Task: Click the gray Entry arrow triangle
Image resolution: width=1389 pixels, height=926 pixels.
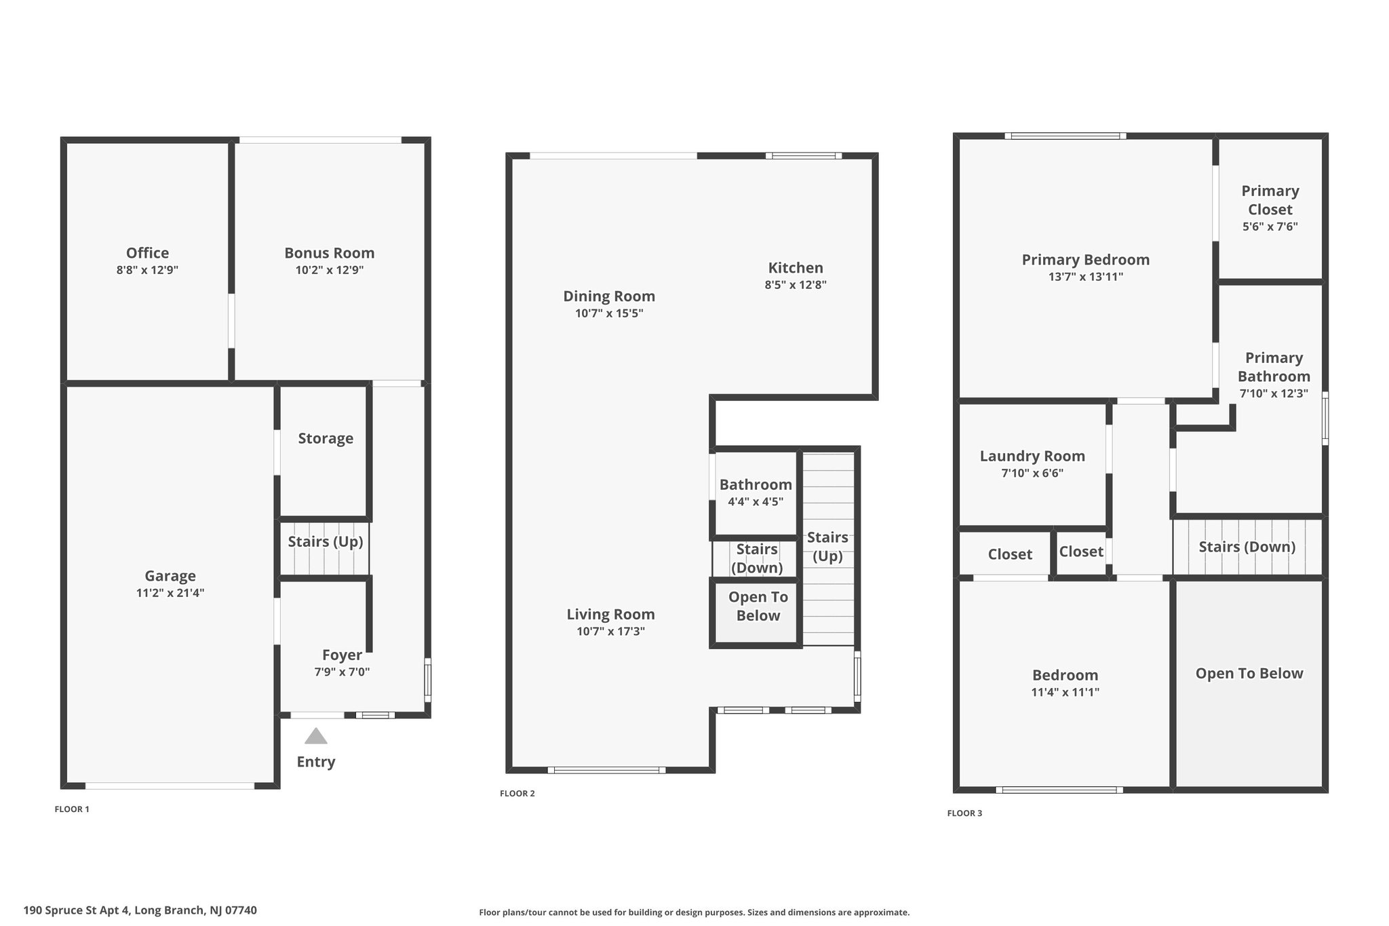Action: [x=316, y=736]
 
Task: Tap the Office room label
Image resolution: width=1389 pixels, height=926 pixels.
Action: [x=147, y=253]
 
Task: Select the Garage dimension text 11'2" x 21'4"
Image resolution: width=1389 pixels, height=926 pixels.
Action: [x=170, y=593]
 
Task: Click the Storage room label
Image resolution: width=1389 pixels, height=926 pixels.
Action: [x=326, y=438]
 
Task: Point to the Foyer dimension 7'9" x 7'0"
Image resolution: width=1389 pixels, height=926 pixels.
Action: [x=342, y=672]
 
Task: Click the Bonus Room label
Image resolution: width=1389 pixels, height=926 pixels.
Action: [x=330, y=253]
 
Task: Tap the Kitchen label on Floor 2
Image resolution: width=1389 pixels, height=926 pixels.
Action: [x=796, y=268]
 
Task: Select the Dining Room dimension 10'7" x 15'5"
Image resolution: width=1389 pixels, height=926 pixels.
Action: [x=609, y=313]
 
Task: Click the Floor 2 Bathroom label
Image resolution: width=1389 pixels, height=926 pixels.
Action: [x=756, y=484]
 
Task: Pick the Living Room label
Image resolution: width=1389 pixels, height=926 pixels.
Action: [x=610, y=615]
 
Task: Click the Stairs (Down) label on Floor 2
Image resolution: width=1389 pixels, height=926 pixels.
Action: [x=757, y=558]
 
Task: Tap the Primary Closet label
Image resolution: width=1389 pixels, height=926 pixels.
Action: [x=1270, y=200]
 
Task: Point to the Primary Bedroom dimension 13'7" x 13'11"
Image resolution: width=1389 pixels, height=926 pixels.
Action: [x=1086, y=277]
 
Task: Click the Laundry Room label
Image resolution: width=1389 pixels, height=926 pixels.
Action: [x=1032, y=456]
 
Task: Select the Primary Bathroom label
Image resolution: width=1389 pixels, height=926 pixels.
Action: [x=1274, y=367]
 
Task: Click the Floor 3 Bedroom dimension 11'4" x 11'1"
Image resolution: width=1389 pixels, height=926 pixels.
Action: [x=1065, y=693]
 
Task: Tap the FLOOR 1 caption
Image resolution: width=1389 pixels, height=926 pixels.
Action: [x=72, y=809]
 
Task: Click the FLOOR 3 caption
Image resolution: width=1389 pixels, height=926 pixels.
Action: [x=964, y=813]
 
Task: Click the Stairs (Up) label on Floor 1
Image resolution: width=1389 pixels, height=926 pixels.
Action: [x=326, y=541]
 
